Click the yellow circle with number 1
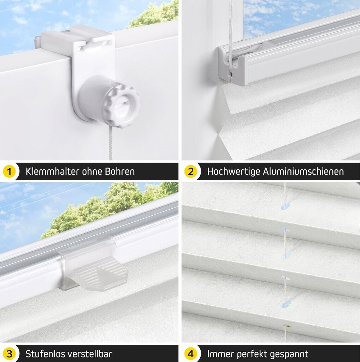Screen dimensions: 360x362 point(9,172)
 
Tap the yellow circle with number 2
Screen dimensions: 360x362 point(190,172)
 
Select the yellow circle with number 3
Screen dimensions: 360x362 point(9,354)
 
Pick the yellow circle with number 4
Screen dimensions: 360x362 point(190,354)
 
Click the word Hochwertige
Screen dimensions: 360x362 point(234,172)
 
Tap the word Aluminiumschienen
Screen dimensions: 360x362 point(303,171)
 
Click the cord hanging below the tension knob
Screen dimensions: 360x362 point(110,143)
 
